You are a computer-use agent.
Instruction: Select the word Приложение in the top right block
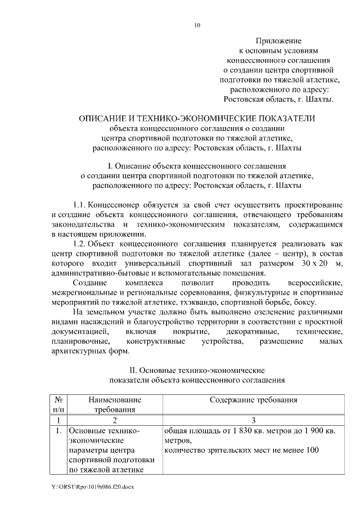(x=278, y=41)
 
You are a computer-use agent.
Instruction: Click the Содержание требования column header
(x=253, y=400)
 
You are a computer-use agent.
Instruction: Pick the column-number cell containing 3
(x=253, y=420)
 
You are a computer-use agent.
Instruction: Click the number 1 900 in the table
(x=308, y=431)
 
